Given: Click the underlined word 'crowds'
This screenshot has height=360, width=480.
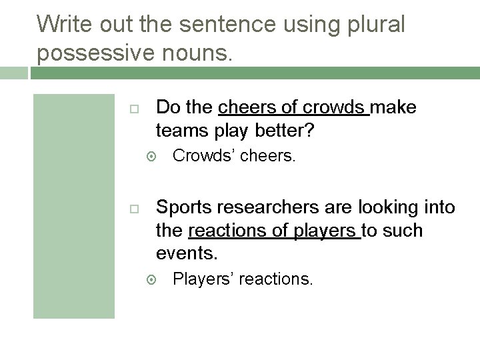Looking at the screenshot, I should (334, 107).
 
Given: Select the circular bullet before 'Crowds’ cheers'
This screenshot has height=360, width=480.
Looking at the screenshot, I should (151, 157).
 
